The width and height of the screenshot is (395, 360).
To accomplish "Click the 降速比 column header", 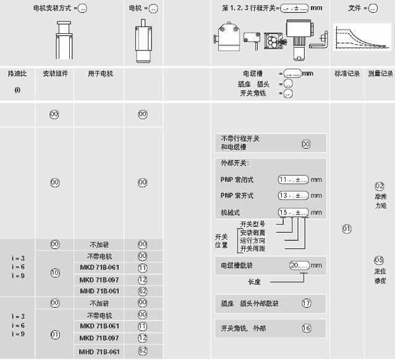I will click(x=17, y=73).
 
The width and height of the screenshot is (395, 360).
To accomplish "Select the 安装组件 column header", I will click(x=55, y=73).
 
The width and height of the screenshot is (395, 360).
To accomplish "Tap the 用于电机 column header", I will click(x=100, y=73).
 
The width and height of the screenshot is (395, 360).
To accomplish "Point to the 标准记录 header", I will click(x=347, y=73).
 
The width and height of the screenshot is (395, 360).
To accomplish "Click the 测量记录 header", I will click(x=380, y=73).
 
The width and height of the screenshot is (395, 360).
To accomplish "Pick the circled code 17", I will click(x=306, y=303).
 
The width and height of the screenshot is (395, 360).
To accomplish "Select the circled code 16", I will click(x=306, y=328).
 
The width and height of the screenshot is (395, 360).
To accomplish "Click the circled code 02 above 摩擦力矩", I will click(x=380, y=186).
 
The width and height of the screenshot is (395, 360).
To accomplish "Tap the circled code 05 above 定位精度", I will click(x=380, y=260).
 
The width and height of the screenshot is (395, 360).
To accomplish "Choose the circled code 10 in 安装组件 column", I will click(x=55, y=272).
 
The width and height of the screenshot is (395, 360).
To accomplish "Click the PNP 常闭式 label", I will click(x=237, y=180).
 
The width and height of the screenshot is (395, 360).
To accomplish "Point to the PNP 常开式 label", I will click(x=237, y=196).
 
